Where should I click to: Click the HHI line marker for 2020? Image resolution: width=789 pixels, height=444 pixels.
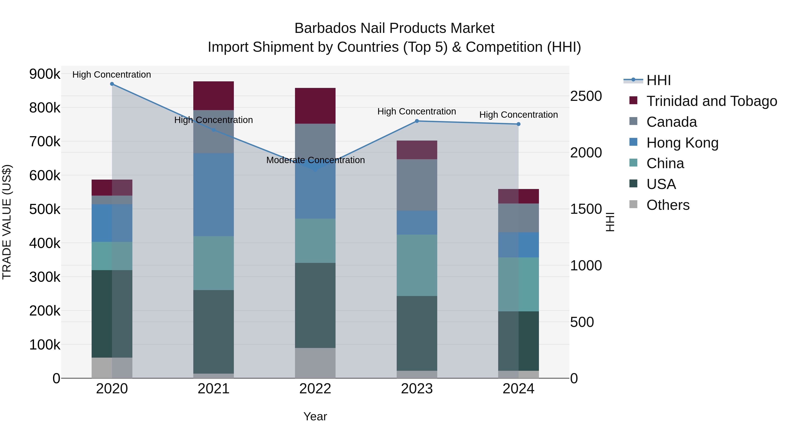(112, 84)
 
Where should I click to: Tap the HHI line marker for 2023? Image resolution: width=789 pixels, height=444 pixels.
(417, 121)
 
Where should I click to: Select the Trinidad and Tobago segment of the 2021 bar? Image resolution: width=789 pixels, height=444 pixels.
(213, 96)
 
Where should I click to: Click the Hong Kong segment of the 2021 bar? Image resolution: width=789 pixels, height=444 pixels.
(213, 194)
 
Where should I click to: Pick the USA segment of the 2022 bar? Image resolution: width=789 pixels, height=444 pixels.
(315, 305)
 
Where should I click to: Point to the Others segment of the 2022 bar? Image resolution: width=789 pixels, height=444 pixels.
(315, 363)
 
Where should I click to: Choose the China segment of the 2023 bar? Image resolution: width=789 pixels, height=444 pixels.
(417, 265)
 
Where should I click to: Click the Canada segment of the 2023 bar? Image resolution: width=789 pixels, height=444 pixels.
(417, 185)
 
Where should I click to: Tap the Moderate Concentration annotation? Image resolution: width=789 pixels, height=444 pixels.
(315, 160)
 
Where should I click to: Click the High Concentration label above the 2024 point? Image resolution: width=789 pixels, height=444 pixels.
(518, 115)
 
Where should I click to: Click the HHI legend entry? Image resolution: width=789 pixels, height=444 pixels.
(659, 80)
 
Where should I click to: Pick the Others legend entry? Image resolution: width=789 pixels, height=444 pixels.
(668, 205)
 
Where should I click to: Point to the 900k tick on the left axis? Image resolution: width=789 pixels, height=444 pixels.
(45, 74)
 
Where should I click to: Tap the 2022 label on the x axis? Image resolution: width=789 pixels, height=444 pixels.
(315, 389)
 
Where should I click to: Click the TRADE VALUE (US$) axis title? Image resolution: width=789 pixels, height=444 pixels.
(7, 222)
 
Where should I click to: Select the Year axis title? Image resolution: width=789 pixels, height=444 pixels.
(315, 416)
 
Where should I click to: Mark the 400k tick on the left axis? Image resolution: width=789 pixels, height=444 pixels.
(45, 243)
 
